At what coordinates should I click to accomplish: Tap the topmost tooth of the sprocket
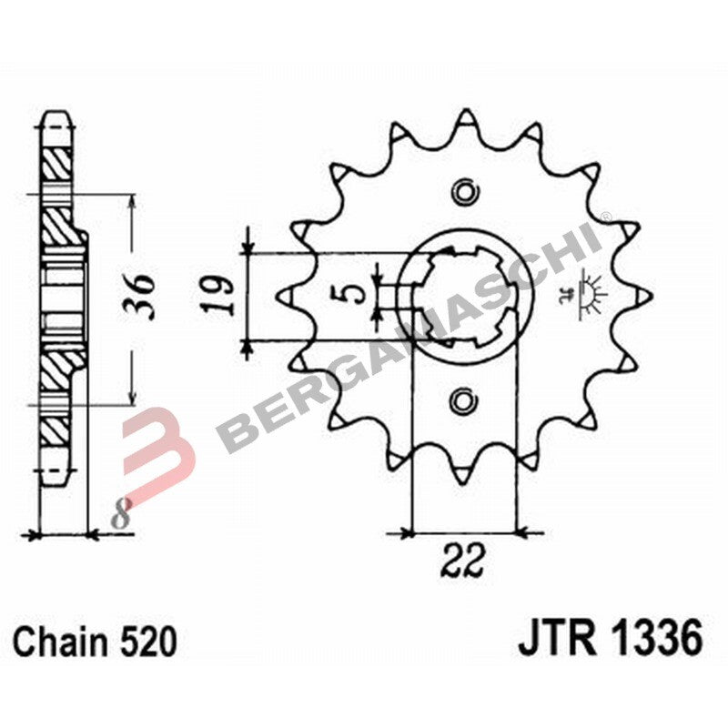pos(465,118)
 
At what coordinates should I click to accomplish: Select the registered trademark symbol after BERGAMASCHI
pos(605,217)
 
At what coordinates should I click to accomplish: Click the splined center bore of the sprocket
pos(465,295)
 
